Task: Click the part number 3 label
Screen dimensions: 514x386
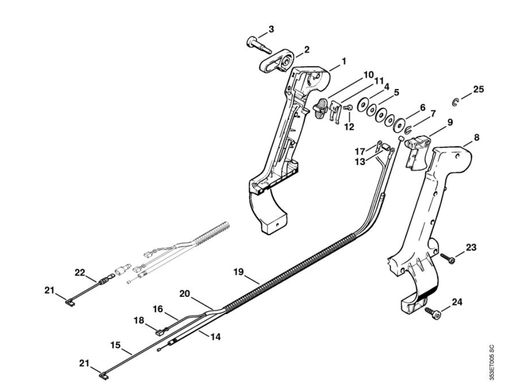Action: tap(271, 29)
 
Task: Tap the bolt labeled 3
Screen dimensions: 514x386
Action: tap(258, 45)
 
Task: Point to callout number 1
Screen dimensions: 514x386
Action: tap(344, 61)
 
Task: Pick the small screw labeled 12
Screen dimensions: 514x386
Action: tap(348, 107)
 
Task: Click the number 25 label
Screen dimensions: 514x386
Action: tap(478, 89)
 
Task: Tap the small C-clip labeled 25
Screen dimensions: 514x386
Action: tap(455, 102)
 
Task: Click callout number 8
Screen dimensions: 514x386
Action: tap(476, 137)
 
